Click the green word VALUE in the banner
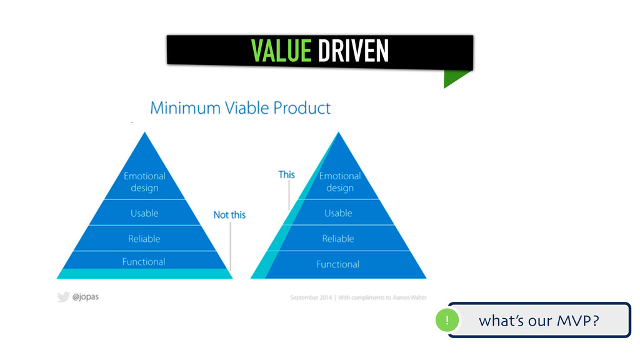pos(281,51)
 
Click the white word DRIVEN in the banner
pos(353,51)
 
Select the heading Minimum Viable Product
pos(240,108)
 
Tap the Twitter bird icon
pos(63,297)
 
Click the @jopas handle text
pos(85,297)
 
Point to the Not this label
pos(229,215)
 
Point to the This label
pos(286,174)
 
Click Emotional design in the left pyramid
pos(144,182)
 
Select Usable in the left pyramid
pos(144,213)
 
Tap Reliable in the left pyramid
pos(144,239)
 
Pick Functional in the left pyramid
pos(144,262)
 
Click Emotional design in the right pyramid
pos(339,182)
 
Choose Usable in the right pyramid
pos(338,213)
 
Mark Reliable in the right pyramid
pos(338,239)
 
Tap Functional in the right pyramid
pos(338,264)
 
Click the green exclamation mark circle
pos(447,321)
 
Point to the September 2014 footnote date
pos(312,298)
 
